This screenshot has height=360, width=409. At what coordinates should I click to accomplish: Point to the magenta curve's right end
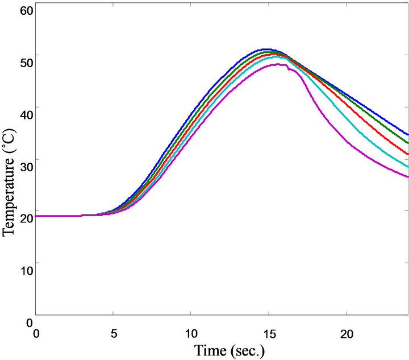[408, 177]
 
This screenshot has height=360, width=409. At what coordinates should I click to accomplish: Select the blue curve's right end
[408, 134]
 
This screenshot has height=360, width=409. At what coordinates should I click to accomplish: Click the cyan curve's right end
[408, 167]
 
